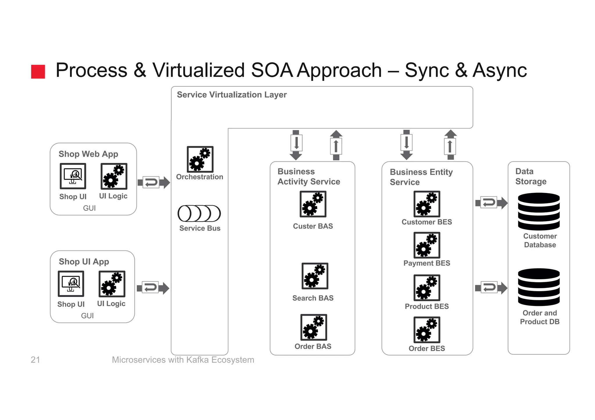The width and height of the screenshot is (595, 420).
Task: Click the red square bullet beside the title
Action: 38,72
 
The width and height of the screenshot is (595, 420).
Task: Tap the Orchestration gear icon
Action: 200,159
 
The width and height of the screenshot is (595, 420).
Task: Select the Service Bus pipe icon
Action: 199,214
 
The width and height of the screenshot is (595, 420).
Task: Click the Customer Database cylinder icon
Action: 539,212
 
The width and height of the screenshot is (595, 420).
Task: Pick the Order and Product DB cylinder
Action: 539,287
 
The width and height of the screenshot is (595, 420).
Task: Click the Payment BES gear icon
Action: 426,245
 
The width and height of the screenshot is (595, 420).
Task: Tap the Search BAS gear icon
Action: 315,276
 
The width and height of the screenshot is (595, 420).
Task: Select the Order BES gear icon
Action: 426,330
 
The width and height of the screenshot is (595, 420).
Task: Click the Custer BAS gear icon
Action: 313,204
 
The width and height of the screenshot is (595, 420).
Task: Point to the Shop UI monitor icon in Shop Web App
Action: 73,176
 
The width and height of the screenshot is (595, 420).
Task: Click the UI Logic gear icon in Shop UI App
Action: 112,284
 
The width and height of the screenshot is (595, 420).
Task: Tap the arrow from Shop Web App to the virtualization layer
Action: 153,183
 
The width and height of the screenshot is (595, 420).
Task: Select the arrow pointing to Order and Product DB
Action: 491,288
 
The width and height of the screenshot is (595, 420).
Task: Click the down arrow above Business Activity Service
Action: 296,145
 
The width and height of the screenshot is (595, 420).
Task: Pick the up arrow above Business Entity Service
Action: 450,145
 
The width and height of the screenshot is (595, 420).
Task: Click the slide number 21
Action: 35,360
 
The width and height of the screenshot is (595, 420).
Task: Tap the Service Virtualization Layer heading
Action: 232,95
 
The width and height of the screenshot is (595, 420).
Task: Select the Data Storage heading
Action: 531,176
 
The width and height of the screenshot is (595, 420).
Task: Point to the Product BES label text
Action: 426,306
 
